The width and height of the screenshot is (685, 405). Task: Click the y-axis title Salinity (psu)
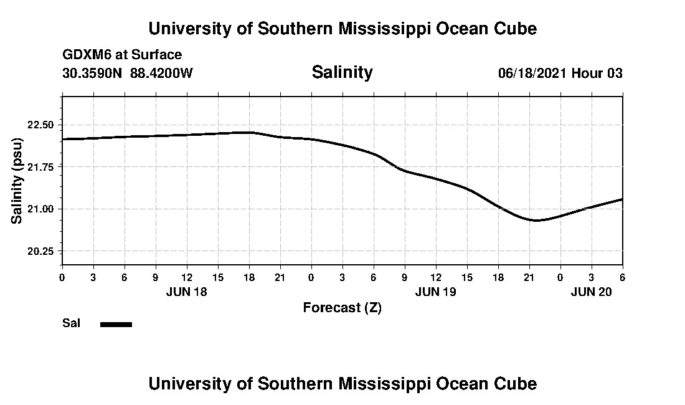point(17,181)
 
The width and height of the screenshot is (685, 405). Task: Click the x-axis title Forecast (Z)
point(342,308)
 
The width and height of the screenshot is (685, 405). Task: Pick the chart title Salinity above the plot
point(342,72)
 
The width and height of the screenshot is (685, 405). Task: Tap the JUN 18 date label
point(186,292)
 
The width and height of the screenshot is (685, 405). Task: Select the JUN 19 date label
point(435,292)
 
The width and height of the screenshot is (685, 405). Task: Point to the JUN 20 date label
point(591,292)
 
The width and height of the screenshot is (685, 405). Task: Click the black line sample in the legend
point(116,324)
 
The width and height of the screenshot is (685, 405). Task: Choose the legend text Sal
point(71,323)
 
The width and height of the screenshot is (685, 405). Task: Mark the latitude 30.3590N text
point(93,73)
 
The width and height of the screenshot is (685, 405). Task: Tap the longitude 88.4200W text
point(161,73)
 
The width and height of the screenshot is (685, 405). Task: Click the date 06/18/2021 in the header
point(532,73)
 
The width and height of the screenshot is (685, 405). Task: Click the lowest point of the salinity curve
point(535,220)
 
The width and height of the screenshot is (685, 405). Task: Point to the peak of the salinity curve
point(250,132)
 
